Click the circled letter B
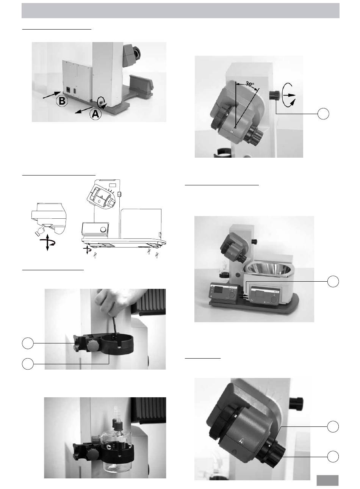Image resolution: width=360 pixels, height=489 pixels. point(62,101)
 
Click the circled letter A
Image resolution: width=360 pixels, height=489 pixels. point(95,114)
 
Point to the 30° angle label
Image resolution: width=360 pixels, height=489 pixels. point(250,84)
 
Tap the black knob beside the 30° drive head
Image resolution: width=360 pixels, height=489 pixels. point(274,96)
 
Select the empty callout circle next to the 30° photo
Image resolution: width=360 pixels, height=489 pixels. point(323,113)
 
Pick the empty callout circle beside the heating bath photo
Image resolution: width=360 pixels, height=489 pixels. point(333,281)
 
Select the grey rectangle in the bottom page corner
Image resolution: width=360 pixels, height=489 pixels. point(327,480)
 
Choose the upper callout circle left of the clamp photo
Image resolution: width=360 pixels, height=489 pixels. point(28,343)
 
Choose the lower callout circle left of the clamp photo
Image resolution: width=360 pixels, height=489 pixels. point(28,364)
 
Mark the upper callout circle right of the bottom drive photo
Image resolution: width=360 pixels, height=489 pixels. point(333,426)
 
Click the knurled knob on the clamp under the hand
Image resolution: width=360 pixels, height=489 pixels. point(91,346)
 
